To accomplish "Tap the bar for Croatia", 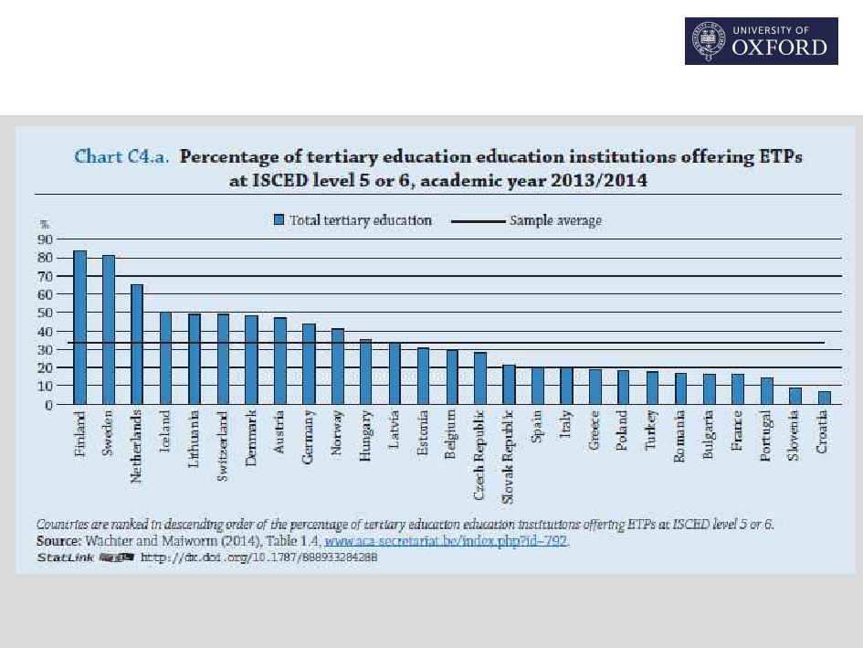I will point(825,398).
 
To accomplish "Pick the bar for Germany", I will point(309,364).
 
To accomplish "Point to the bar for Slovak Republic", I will point(509,385).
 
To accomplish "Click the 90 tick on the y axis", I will point(43,239).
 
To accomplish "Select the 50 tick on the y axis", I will point(43,313).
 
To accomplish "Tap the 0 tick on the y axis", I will point(47,404).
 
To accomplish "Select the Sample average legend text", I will point(555,220).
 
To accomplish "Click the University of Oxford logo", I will point(761,41).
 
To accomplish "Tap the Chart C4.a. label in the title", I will point(121,156).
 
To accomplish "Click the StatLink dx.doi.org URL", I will point(258,557).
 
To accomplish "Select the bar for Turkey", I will point(652,388).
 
